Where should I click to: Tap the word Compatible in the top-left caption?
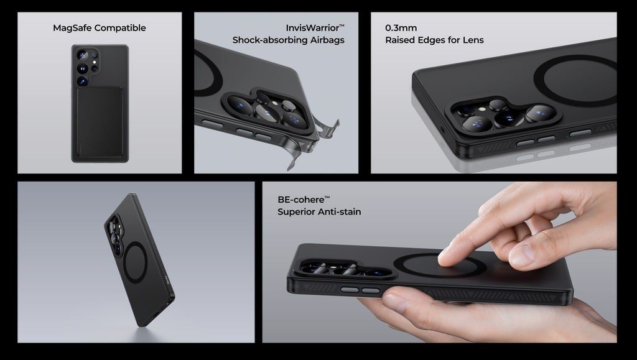pyautogui.click(x=119, y=28)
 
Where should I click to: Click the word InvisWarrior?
pyautogui.click(x=312, y=28)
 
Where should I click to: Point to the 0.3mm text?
pyautogui.click(x=401, y=28)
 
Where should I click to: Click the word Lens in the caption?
pyautogui.click(x=473, y=40)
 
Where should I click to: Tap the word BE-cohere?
pyautogui.click(x=301, y=200)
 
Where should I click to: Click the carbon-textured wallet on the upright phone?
pyautogui.click(x=100, y=122)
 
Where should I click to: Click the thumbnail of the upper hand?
pyautogui.click(x=521, y=256)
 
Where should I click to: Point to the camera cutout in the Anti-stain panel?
pyautogui.click(x=346, y=268)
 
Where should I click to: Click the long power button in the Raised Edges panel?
pyautogui.click(x=580, y=132)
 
